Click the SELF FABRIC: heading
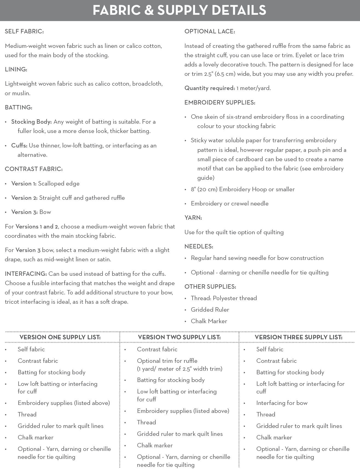[24, 31]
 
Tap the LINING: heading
[16, 69]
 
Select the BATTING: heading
[19, 108]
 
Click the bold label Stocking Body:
[31, 122]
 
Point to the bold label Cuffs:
[19, 146]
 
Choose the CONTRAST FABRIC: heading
[34, 169]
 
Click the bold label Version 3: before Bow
[24, 212]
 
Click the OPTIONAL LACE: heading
[210, 31]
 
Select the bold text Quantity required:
[210, 88]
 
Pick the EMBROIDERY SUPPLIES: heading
[220, 103]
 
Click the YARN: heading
[193, 218]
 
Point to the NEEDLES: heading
[199, 247]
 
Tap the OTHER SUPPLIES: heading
[210, 287]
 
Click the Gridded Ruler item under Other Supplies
[210, 310]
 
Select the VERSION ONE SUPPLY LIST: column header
[60, 337]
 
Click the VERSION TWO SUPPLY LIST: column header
[179, 337]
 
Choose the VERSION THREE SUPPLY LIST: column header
[298, 337]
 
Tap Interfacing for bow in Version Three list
[282, 403]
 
